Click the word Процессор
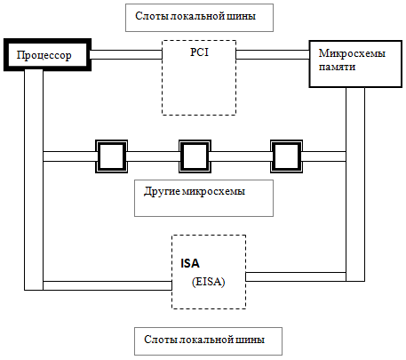click(x=44, y=55)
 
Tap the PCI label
click(x=199, y=52)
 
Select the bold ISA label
click(x=190, y=263)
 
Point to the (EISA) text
click(x=209, y=281)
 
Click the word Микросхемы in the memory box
click(x=352, y=53)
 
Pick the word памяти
click(x=337, y=67)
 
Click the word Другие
click(x=162, y=191)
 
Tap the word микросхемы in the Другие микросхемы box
click(x=213, y=192)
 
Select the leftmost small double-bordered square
click(x=111, y=156)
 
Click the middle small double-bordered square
click(x=195, y=156)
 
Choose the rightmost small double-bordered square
click(x=286, y=156)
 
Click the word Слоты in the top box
click(x=150, y=16)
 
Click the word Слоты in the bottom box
click(x=159, y=340)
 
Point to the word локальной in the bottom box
click(x=204, y=340)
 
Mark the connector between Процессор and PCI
click(x=126, y=54)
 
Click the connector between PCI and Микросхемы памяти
click(x=273, y=54)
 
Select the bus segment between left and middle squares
click(x=153, y=156)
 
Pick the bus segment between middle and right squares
click(x=241, y=156)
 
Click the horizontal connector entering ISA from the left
click(x=107, y=285)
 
